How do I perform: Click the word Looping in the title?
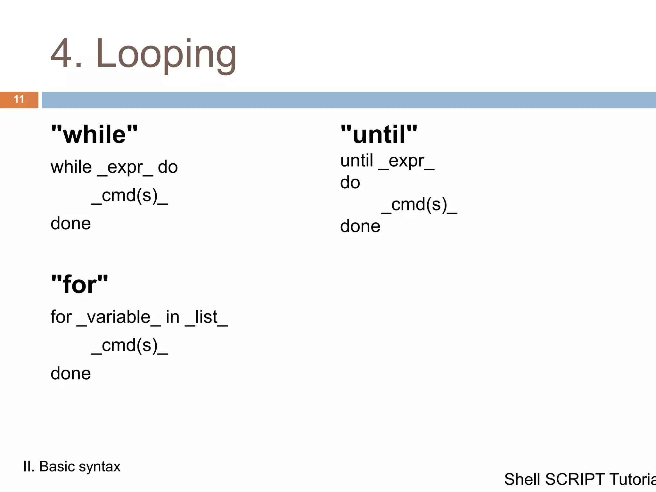pyautogui.click(x=166, y=54)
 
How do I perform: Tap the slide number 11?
pyautogui.click(x=19, y=99)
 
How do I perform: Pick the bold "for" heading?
pyautogui.click(x=79, y=284)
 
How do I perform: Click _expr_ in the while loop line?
pyautogui.click(x=125, y=168)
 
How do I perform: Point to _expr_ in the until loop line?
pyautogui.click(x=406, y=161)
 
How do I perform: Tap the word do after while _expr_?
pyautogui.click(x=168, y=167)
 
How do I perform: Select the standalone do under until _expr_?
pyautogui.click(x=350, y=183)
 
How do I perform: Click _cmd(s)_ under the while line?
pyautogui.click(x=130, y=195)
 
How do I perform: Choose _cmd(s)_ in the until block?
pyautogui.click(x=419, y=205)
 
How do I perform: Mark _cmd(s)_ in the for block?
pyautogui.click(x=130, y=345)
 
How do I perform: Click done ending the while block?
pyautogui.click(x=71, y=223)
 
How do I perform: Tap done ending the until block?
pyautogui.click(x=360, y=226)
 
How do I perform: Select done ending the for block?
pyautogui.click(x=71, y=373)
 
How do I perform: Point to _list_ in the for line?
pyautogui.click(x=206, y=317)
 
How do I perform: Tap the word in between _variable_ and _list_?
pyautogui.click(x=173, y=317)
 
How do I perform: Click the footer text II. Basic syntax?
pyautogui.click(x=72, y=466)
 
